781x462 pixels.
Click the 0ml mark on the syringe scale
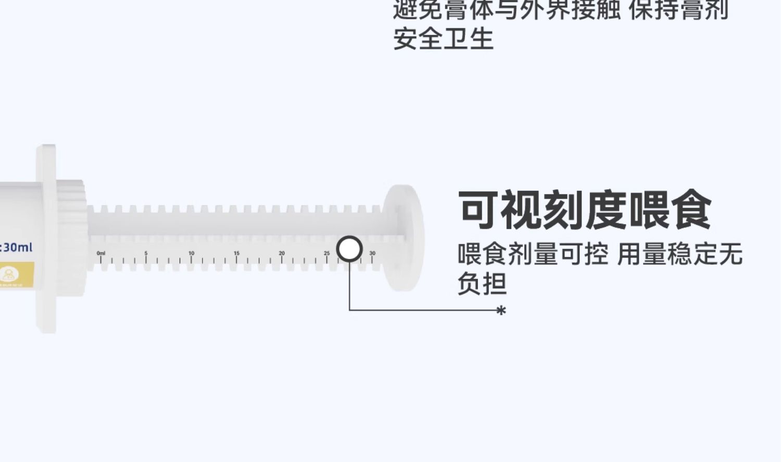coord(101,253)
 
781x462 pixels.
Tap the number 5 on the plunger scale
coord(146,253)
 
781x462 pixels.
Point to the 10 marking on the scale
coord(191,253)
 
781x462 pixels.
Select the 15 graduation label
coord(236,253)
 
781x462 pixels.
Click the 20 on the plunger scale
coord(282,253)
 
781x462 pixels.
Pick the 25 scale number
coord(327,253)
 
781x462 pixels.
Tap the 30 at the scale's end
coord(372,253)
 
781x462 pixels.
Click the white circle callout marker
coord(349,249)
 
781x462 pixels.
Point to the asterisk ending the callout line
coord(501,311)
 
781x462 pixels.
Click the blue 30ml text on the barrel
coord(17,247)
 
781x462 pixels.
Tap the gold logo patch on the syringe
coord(16,274)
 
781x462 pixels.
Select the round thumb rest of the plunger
coord(404,237)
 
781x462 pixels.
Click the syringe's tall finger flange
coord(46,238)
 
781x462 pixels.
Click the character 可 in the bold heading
coord(478,210)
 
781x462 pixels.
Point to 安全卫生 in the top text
coord(443,39)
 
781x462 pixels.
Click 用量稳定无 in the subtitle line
coord(679,255)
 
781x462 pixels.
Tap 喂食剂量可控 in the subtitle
coord(533,255)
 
